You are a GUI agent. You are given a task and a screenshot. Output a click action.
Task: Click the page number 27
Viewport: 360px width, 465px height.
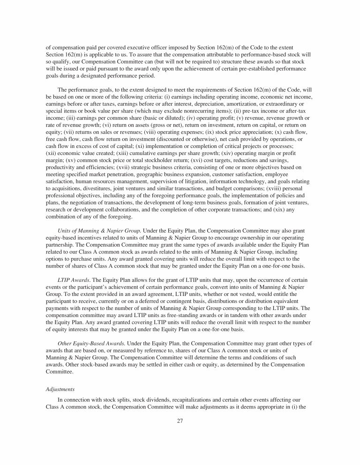pyautogui.click(x=180, y=421)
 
